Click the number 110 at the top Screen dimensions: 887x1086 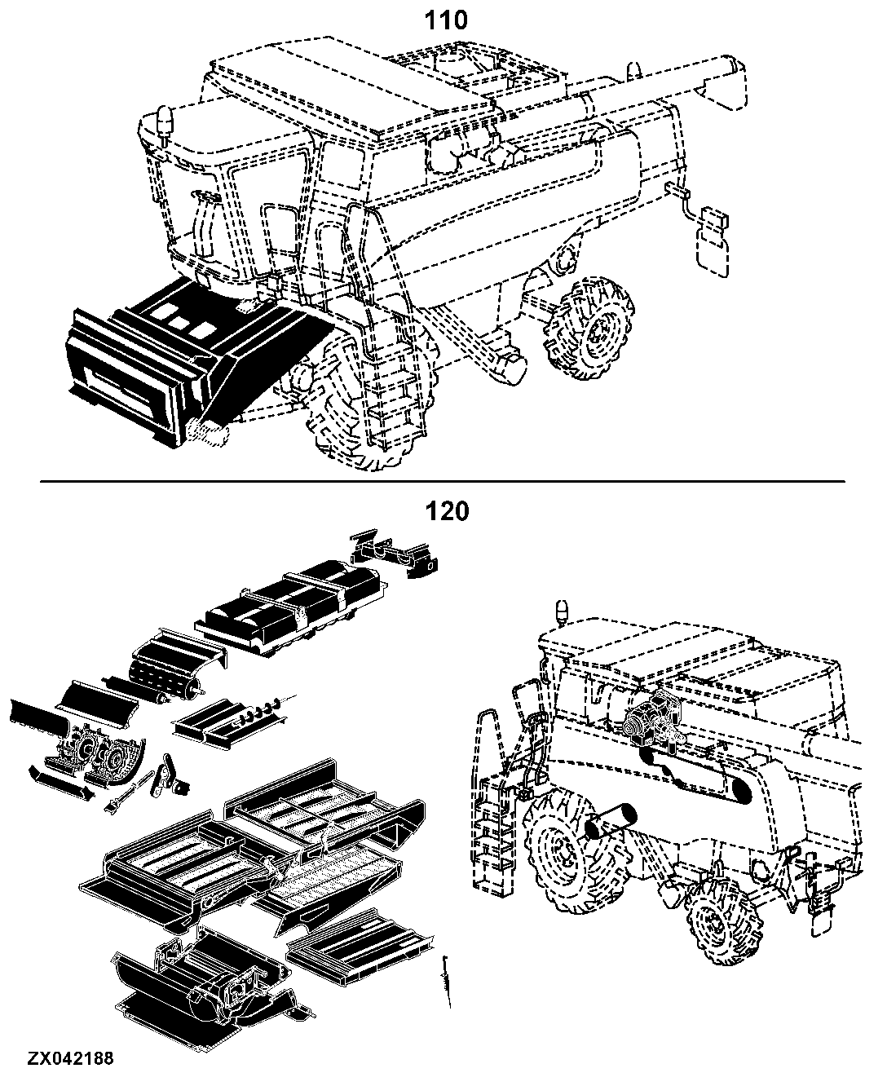tap(446, 20)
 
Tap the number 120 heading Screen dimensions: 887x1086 tap(447, 511)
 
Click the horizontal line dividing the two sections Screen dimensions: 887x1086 tap(443, 482)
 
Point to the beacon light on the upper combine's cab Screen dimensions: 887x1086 tap(165, 124)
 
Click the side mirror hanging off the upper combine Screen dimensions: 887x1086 tap(713, 242)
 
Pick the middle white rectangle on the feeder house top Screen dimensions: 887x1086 tap(179, 322)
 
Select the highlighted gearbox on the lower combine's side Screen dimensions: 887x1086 tap(652, 719)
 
